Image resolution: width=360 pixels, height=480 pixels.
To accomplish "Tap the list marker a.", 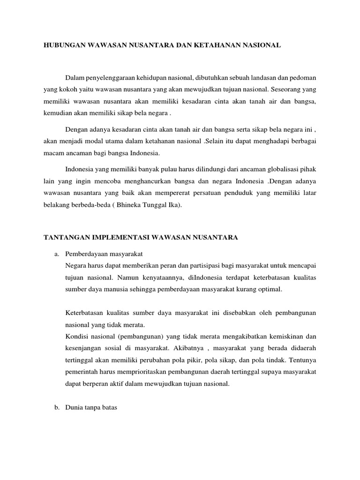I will pyautogui.click(x=57, y=254).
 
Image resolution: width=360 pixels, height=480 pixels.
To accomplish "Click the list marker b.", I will pyautogui.click(x=57, y=408).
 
